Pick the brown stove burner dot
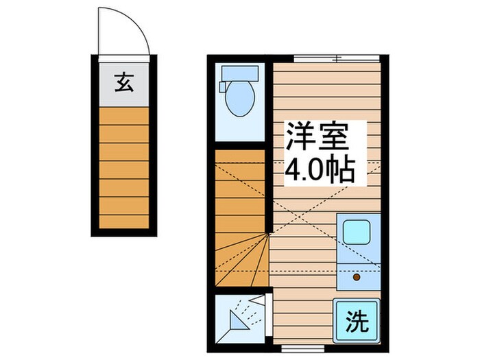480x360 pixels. (x=356, y=278)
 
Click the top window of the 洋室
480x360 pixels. (x=335, y=58)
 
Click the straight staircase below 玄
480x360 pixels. (x=123, y=168)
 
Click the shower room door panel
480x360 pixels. (x=257, y=300)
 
